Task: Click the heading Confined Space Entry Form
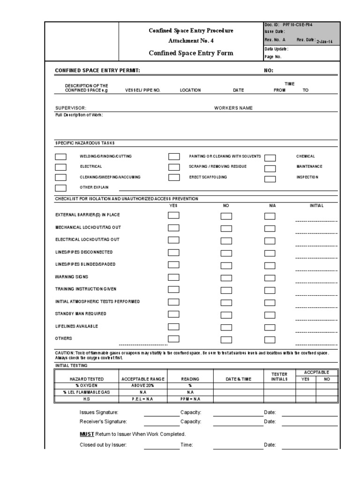pyautogui.click(x=191, y=53)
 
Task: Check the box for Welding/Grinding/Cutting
pyautogui.click(x=61, y=157)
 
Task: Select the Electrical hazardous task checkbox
pyautogui.click(x=61, y=167)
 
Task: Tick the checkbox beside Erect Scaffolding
pyautogui.click(x=174, y=178)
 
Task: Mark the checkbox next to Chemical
pyautogui.click(x=270, y=158)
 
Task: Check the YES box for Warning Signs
pyautogui.click(x=174, y=277)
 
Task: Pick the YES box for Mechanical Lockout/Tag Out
pyautogui.click(x=174, y=228)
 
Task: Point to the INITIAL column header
pyautogui.click(x=316, y=205)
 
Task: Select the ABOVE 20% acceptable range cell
pyautogui.click(x=143, y=385)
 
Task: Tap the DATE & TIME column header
pyautogui.click(x=238, y=379)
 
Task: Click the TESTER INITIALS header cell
pyautogui.click(x=279, y=376)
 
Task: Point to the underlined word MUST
pyautogui.click(x=87, y=434)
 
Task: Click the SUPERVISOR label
pyautogui.click(x=71, y=108)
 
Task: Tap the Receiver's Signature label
pyautogui.click(x=103, y=421)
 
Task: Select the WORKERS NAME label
pyautogui.click(x=233, y=108)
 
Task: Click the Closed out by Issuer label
pyautogui.click(x=103, y=445)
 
